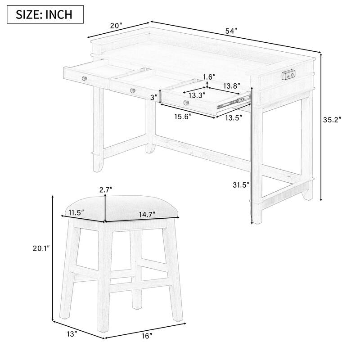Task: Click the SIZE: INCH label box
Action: pos(45,14)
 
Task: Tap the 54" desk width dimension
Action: pos(231,31)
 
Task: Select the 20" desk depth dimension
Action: pos(117,26)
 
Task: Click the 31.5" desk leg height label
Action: pos(241,184)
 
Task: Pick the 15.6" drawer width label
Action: pos(183,117)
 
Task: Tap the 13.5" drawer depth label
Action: pos(234,118)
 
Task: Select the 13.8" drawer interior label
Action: pos(232,85)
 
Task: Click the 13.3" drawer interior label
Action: pos(197,95)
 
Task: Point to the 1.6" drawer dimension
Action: pos(209,76)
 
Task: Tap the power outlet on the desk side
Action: pos(288,75)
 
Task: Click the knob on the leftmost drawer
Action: pos(84,78)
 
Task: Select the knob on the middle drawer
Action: pos(132,90)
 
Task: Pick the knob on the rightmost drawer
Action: pos(186,103)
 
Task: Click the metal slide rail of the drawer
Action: pos(234,102)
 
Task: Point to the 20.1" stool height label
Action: pos(41,248)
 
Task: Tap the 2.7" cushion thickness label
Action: pos(106,189)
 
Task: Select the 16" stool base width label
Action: pos(147,336)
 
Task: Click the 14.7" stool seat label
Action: pos(147,214)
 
